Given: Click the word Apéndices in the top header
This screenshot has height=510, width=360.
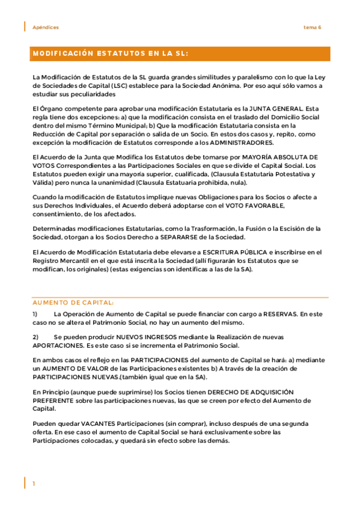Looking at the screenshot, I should tap(46, 28).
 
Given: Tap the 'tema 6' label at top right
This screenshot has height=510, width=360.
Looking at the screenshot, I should tap(312, 28).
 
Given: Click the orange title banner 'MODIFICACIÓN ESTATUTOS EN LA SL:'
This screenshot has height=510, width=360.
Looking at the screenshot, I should tap(110, 54).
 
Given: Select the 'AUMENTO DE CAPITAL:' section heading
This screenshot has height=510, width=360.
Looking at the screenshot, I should tap(73, 303).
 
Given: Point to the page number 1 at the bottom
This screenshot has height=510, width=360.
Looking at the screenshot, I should tap(34, 484).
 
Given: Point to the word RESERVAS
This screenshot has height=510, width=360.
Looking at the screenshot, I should tap(278, 315).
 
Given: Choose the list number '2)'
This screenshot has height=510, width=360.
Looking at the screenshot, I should tap(36, 337).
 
